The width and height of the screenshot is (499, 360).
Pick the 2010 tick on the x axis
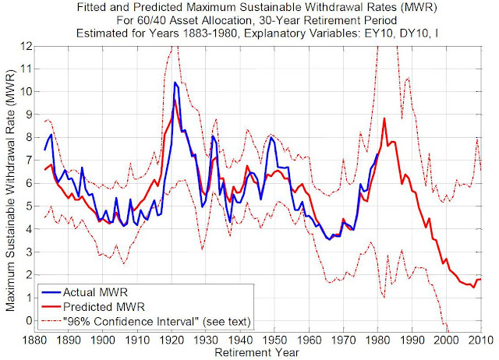478,340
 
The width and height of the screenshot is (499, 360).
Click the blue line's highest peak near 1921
175,82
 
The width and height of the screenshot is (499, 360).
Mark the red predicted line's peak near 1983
384,118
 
